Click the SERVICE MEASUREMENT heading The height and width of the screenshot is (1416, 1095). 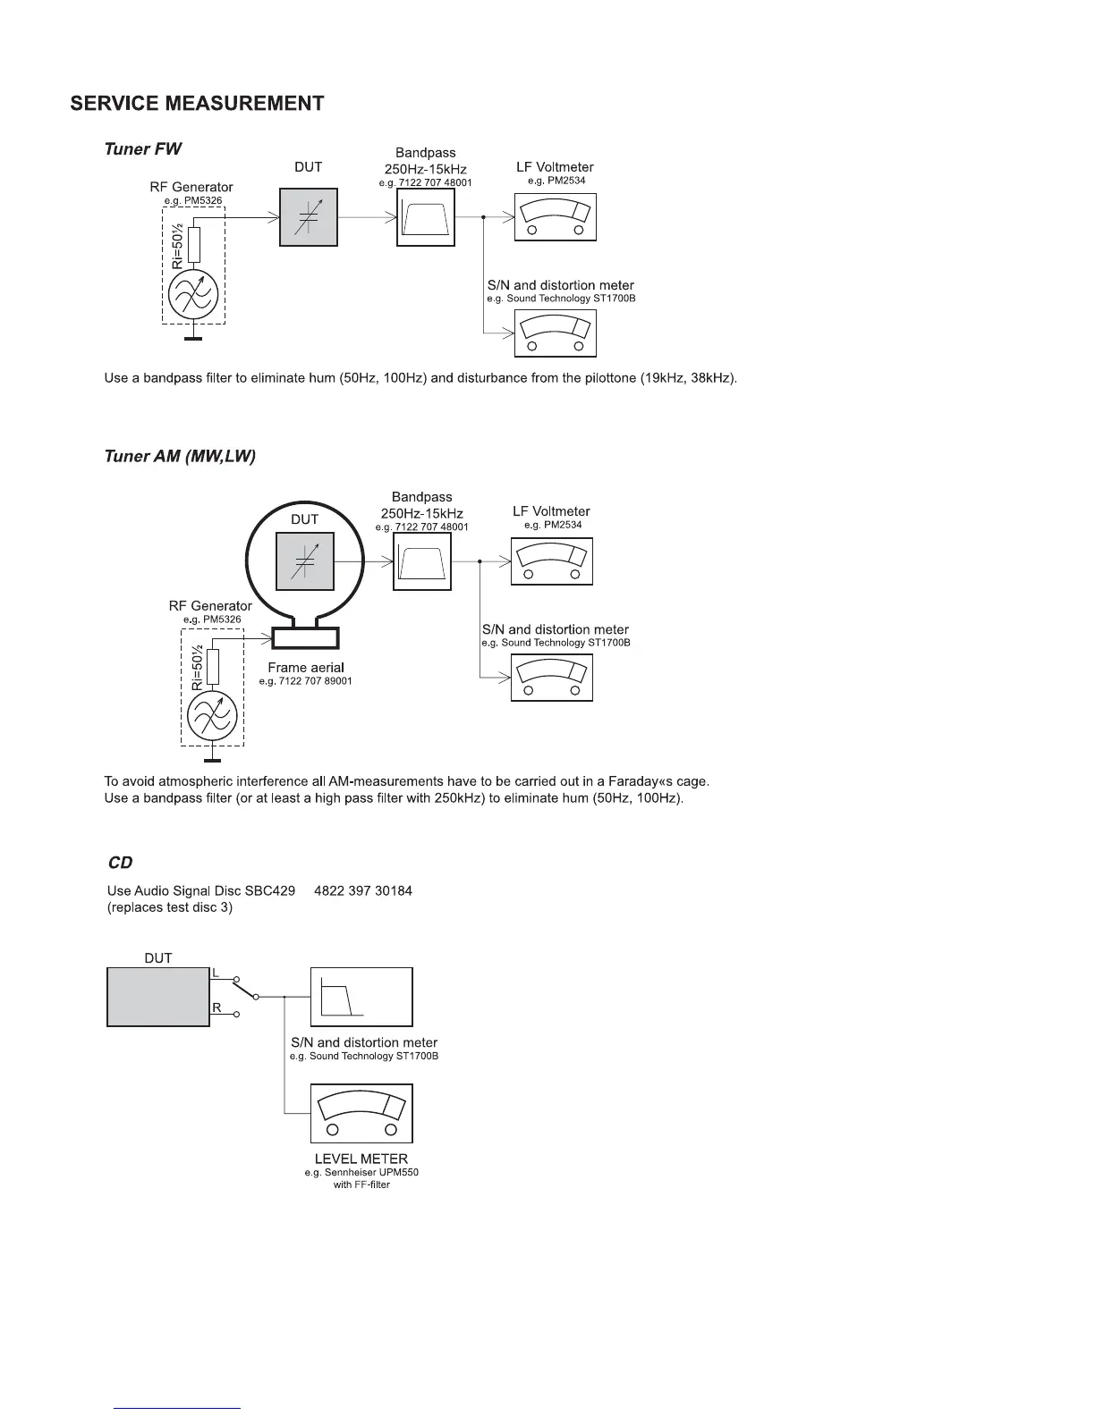[197, 104]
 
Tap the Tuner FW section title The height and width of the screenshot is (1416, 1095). [143, 149]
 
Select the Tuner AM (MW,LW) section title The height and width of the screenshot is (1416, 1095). [180, 457]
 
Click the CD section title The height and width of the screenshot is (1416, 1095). [120, 863]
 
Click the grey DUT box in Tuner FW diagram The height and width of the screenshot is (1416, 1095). [309, 217]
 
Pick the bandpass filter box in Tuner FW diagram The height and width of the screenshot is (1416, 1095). [425, 217]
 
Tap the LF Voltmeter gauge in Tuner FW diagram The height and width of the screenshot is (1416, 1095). [555, 218]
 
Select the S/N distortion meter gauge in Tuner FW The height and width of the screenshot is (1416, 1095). [555, 333]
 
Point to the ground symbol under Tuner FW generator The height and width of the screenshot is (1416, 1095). [192, 337]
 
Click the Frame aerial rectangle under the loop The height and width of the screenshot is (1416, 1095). [305, 637]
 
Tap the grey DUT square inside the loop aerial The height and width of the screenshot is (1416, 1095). [304, 561]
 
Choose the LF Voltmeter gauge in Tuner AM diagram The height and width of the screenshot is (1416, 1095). [551, 561]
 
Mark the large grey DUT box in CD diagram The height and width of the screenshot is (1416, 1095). [158, 997]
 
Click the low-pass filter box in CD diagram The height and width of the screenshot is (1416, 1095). [361, 997]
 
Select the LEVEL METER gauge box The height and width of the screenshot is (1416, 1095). [361, 1113]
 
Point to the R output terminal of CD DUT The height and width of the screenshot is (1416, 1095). [237, 1015]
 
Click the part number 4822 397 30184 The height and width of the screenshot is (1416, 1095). [363, 891]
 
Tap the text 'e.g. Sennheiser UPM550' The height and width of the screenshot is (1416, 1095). [361, 1172]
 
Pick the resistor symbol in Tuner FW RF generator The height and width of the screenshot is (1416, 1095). [193, 244]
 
